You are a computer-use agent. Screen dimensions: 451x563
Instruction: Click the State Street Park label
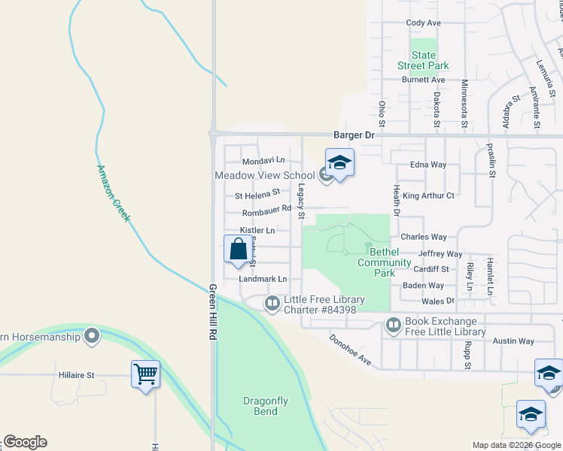click(x=423, y=60)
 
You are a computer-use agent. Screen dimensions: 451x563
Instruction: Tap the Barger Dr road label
click(x=354, y=135)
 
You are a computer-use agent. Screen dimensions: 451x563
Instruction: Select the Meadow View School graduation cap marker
click(x=339, y=164)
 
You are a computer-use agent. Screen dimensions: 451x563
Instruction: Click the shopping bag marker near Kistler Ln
click(x=238, y=249)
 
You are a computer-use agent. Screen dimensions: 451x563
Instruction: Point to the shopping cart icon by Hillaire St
click(x=145, y=374)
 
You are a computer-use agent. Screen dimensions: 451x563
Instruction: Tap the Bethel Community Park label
click(x=384, y=262)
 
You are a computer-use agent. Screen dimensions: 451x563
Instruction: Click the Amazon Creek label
click(x=114, y=193)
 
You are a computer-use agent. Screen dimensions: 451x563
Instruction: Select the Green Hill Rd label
click(x=213, y=314)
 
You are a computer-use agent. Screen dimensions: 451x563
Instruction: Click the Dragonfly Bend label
click(x=265, y=406)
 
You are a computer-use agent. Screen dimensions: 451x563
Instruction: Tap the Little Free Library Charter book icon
click(x=272, y=304)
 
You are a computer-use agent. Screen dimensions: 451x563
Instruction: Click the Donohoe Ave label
click(x=350, y=350)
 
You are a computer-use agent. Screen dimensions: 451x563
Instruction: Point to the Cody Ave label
click(x=423, y=23)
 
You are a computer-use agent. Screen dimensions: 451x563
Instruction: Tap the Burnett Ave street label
click(x=423, y=79)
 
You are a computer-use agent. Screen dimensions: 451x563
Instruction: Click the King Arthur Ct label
click(x=428, y=195)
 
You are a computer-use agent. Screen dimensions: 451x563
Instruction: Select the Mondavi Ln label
click(x=263, y=161)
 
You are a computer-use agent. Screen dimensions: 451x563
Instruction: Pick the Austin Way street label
click(x=513, y=341)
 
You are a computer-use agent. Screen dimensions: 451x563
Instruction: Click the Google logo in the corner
click(x=25, y=442)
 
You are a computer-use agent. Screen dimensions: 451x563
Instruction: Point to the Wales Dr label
click(x=440, y=301)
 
